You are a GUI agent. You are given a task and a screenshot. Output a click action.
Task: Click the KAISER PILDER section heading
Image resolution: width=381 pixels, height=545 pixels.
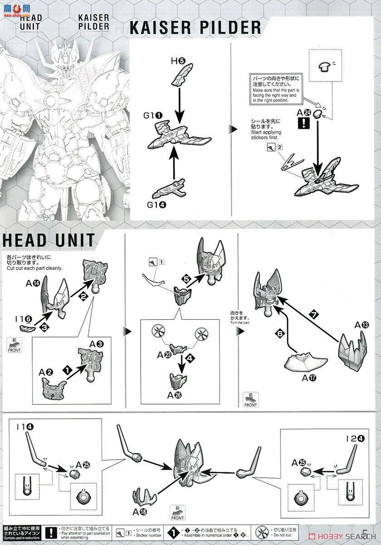pos(195,28)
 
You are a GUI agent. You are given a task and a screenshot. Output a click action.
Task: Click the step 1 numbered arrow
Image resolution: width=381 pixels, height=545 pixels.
pos(68,371)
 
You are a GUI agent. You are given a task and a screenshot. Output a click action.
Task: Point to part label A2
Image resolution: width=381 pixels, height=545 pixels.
pos(46,372)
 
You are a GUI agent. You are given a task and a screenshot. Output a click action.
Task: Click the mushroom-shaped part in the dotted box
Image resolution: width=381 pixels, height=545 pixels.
pos(325,66)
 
